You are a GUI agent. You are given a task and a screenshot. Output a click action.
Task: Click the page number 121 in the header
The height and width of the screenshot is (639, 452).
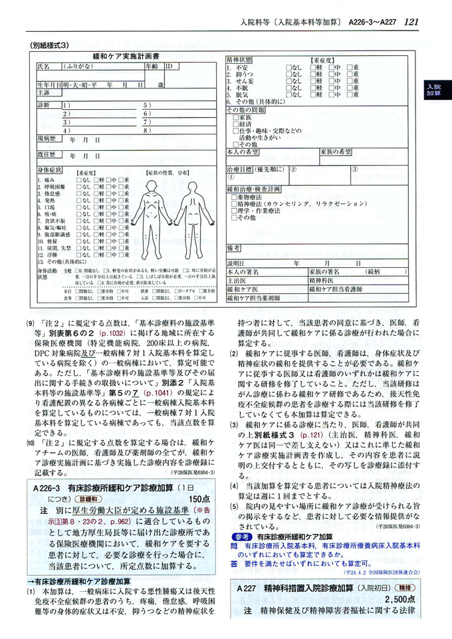[x=411, y=23]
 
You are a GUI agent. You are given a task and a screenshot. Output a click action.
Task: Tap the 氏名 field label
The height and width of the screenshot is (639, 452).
[x=43, y=67]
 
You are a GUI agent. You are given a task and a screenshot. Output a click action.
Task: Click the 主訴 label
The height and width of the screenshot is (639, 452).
[x=44, y=93]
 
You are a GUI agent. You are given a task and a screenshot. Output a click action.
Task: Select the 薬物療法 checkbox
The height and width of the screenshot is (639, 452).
[x=232, y=197]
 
